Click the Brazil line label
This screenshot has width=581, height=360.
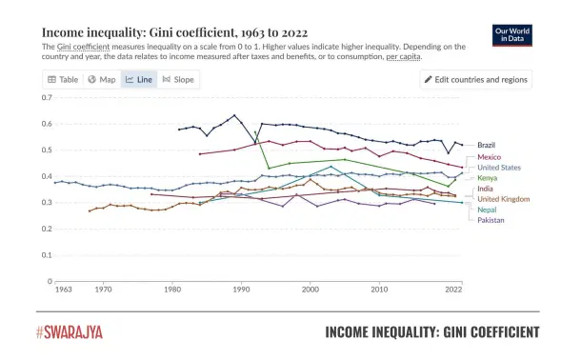pos(486,145)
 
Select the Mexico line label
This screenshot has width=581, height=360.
pos(489,157)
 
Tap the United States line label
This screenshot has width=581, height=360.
pos(498,168)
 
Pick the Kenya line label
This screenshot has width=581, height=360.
pos(487,178)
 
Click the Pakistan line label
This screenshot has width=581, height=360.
pos(491,220)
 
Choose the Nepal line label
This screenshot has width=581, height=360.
pos(487,210)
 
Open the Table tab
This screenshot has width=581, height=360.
pos(63,79)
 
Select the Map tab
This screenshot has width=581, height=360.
pos(101,79)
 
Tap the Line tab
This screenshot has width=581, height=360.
pos(139,79)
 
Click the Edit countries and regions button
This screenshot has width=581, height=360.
pos(475,79)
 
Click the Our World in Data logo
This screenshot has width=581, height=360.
pos(511,34)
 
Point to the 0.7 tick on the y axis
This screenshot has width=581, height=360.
pos(47,98)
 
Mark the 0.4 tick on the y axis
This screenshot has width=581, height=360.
pos(47,176)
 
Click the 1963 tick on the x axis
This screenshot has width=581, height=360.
pos(64,289)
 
